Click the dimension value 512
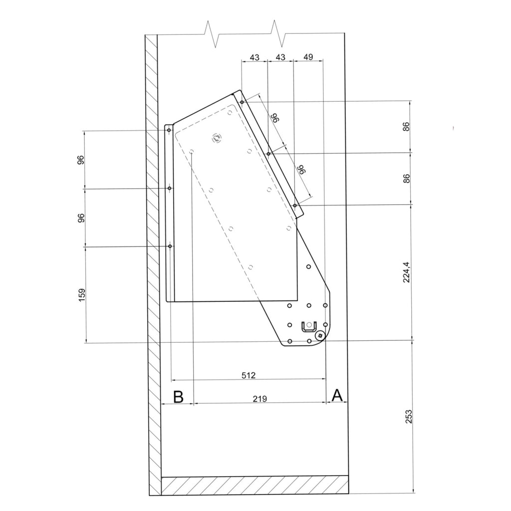click(x=249, y=375)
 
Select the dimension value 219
click(x=259, y=399)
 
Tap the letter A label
click(x=337, y=395)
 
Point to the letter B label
click(x=178, y=397)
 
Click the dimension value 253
click(x=408, y=417)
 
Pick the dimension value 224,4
click(x=407, y=272)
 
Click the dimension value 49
click(x=308, y=57)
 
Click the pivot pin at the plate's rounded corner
click(x=320, y=335)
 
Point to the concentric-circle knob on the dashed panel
click(x=216, y=138)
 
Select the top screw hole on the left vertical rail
click(x=169, y=130)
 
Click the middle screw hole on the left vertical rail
click(x=170, y=188)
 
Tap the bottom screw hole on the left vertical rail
click(x=170, y=246)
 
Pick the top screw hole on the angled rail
click(x=242, y=102)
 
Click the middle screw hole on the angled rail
click(x=268, y=154)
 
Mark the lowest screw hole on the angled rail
click(x=294, y=205)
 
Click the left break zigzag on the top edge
click(x=211, y=34)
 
